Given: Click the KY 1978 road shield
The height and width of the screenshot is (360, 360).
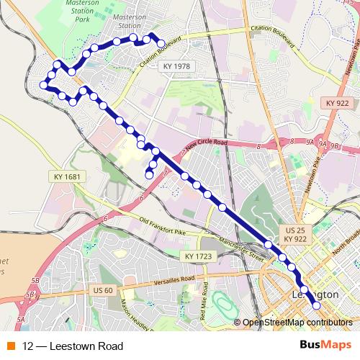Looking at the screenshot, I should tap(176, 66).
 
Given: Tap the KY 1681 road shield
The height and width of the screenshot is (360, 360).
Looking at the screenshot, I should tap(66, 176).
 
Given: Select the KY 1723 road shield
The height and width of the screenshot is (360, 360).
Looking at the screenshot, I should tap(197, 256).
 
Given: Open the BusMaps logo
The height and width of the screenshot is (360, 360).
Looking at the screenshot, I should tap(324, 345).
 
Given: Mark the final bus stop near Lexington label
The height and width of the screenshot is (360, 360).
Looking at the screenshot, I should tap(315, 307).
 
